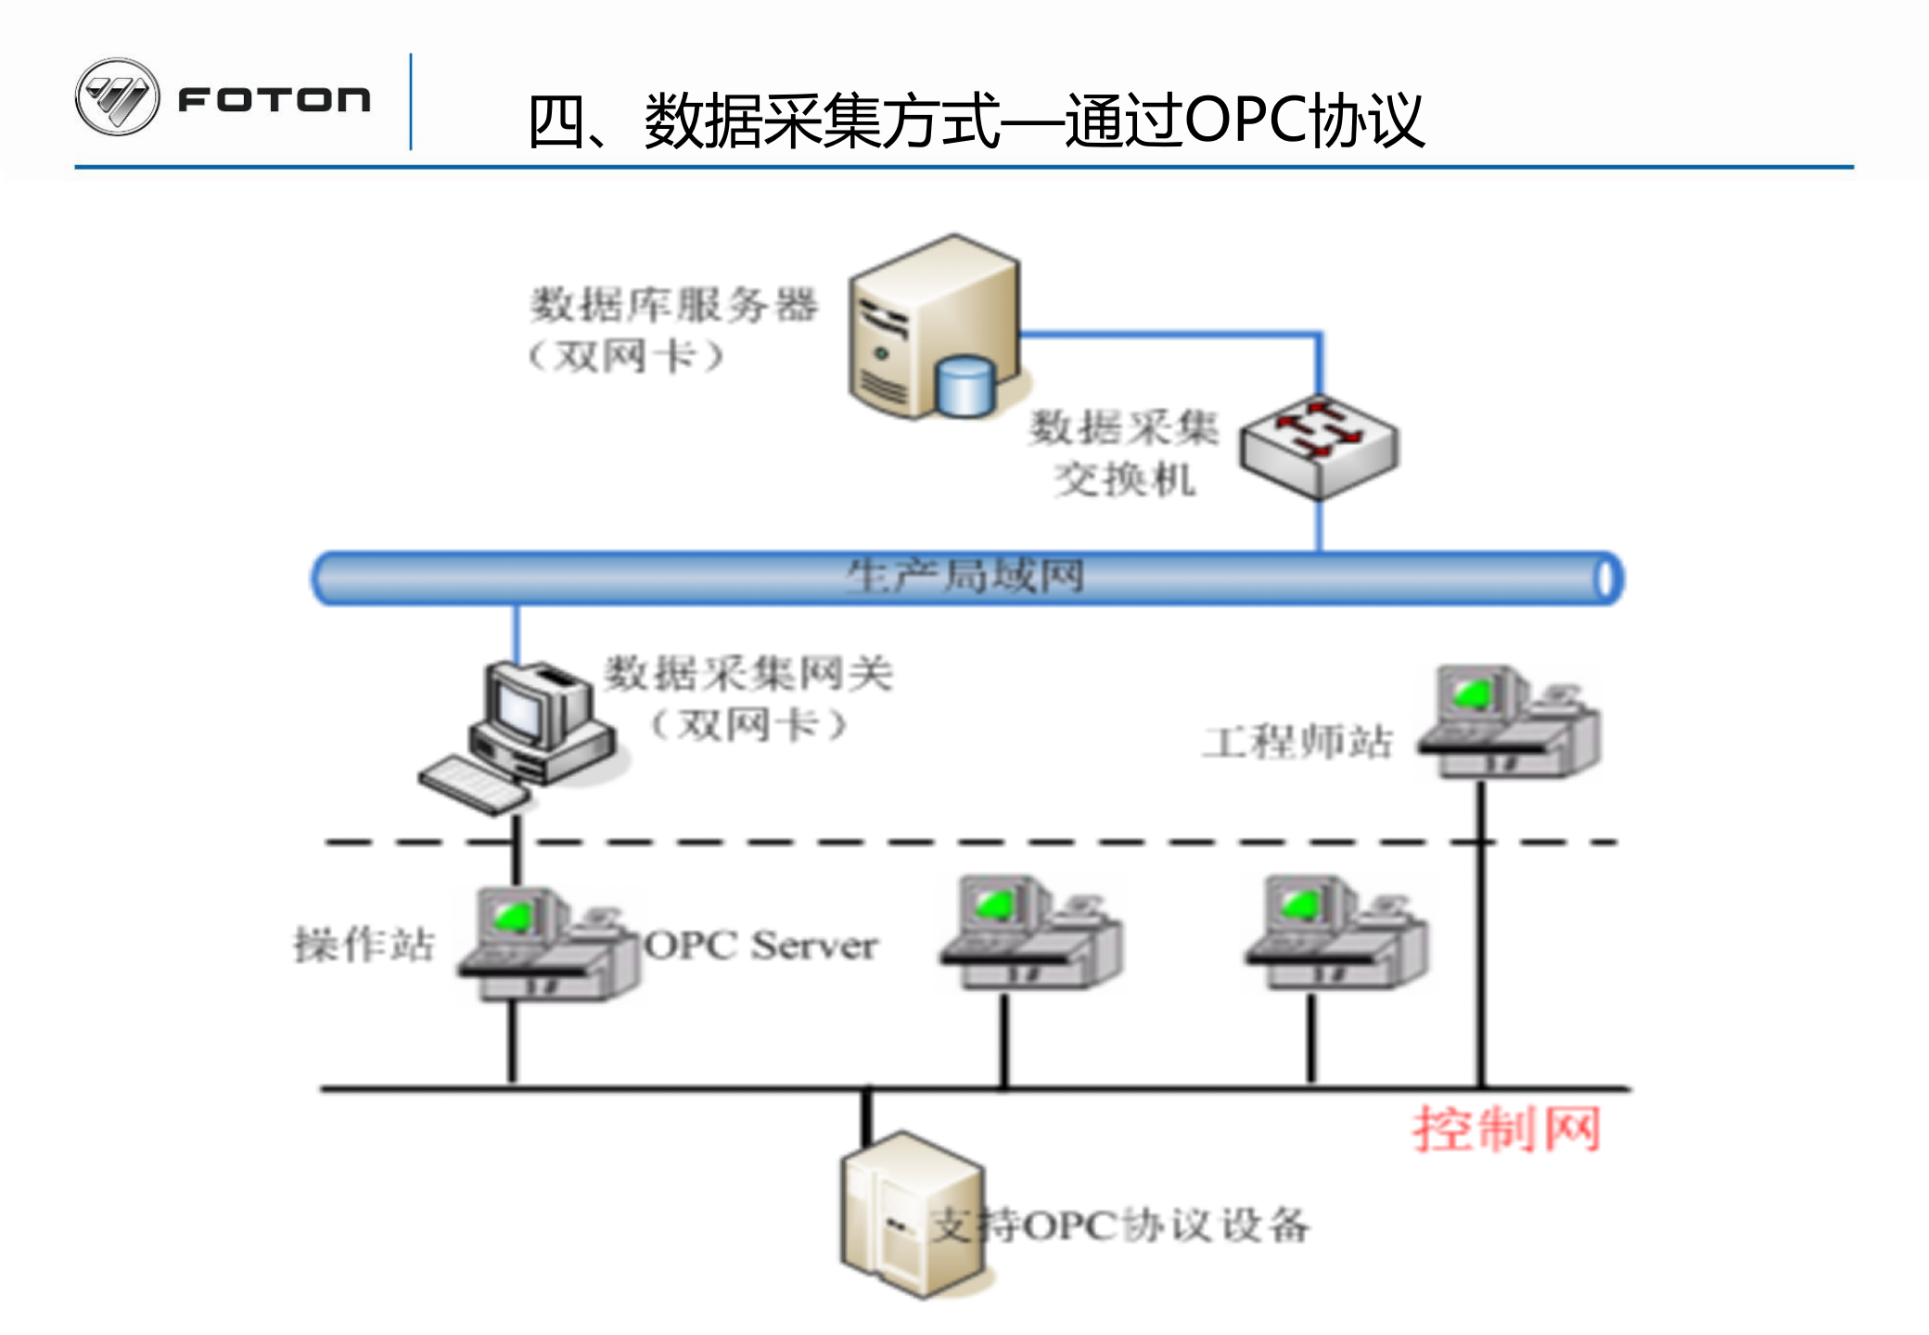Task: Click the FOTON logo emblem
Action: coord(117,97)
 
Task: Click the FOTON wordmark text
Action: coord(275,99)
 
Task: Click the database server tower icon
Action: coord(932,324)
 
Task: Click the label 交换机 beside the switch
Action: coord(1124,480)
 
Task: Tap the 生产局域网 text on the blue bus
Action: coord(964,577)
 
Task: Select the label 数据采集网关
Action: coord(747,674)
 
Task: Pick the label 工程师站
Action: coord(1298,742)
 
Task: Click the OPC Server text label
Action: coord(760,946)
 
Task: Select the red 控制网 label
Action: coord(1506,1129)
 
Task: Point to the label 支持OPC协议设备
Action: coord(1122,1226)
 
